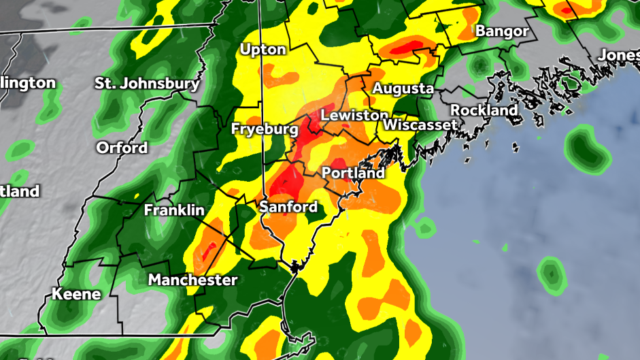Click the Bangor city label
502,31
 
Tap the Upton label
263,50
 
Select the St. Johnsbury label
148,84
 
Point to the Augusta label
403,88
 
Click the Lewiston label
354,116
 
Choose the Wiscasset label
420,125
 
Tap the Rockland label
484,110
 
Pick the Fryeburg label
265,129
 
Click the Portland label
353,173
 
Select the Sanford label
289,207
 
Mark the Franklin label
174,211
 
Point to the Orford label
122,148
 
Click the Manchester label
193,280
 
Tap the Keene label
77,295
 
